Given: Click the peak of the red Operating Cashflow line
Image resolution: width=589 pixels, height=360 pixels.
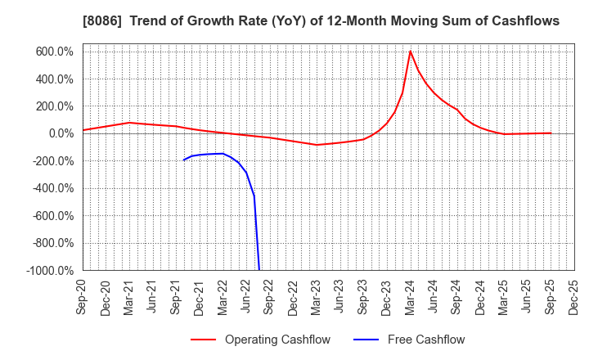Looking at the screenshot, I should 410,52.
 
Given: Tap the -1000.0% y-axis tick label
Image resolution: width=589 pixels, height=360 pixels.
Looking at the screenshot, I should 51,270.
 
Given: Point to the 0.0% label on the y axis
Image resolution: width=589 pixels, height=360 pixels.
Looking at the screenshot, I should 61,133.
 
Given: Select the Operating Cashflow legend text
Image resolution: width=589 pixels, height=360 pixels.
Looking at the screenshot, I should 277,340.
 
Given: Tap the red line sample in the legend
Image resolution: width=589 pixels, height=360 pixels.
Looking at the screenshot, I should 203,340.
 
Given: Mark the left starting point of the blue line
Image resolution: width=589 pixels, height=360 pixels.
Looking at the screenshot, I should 183,160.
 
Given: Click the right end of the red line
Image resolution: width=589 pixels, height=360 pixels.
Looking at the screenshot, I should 551,133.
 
